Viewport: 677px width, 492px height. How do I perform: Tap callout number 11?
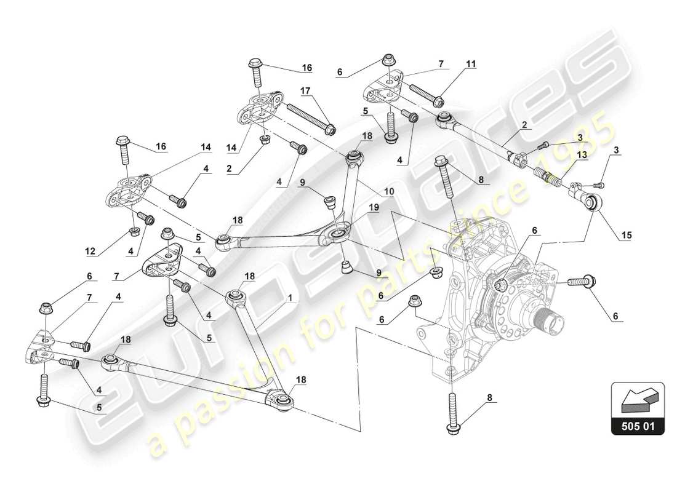pos(471,63)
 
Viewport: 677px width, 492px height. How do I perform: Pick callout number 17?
pos(306,90)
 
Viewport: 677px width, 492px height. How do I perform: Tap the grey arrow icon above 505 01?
pos(637,399)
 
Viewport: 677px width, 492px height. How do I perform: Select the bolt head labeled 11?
pos(438,101)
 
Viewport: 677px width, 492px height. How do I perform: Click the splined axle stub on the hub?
pos(551,322)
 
